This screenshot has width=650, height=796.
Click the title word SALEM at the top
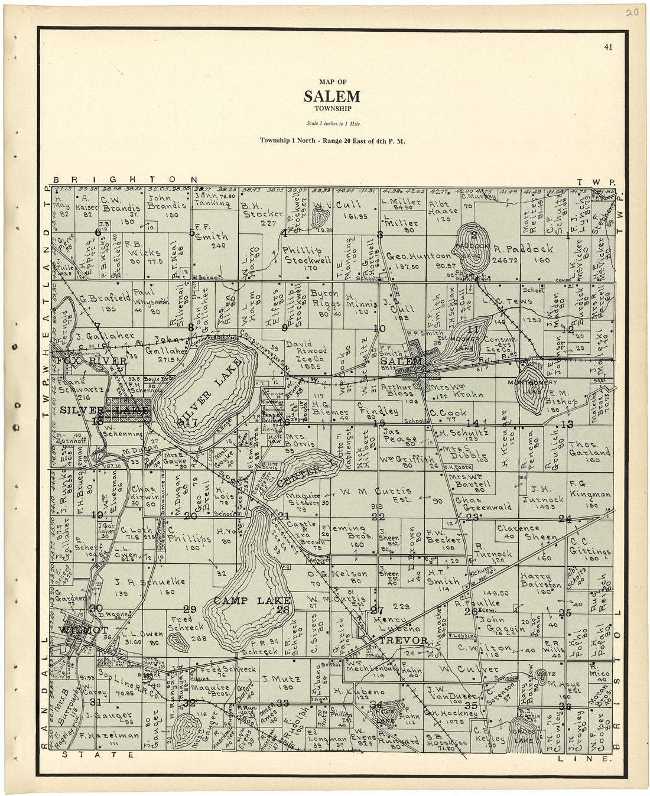331,96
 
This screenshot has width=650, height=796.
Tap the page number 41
608,48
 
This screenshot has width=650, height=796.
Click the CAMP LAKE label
243,600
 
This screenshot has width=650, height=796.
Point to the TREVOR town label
403,641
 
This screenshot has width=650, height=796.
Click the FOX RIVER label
91,360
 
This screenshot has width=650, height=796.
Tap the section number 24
565,519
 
